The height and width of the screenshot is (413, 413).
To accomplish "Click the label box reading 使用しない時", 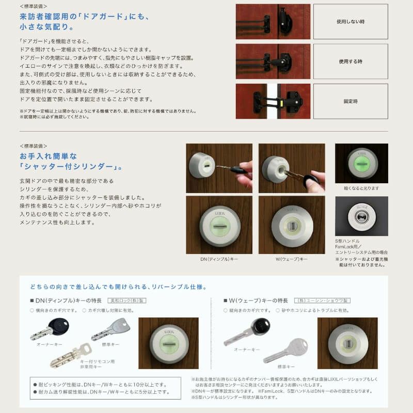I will click(350, 22).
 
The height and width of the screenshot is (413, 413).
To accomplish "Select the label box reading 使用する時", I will click(350, 61).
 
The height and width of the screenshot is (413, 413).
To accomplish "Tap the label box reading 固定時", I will click(350, 102).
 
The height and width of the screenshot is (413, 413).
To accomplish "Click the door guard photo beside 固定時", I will click(273, 101).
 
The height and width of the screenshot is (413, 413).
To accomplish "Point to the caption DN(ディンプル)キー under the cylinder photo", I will click(219, 258).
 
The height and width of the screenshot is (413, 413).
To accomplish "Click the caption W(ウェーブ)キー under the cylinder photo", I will click(291, 258).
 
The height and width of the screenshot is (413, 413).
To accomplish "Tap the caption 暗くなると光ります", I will click(361, 188).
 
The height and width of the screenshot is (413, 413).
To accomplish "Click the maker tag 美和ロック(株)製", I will click(127, 300).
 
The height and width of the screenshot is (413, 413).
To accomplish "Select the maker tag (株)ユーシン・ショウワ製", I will click(322, 300).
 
